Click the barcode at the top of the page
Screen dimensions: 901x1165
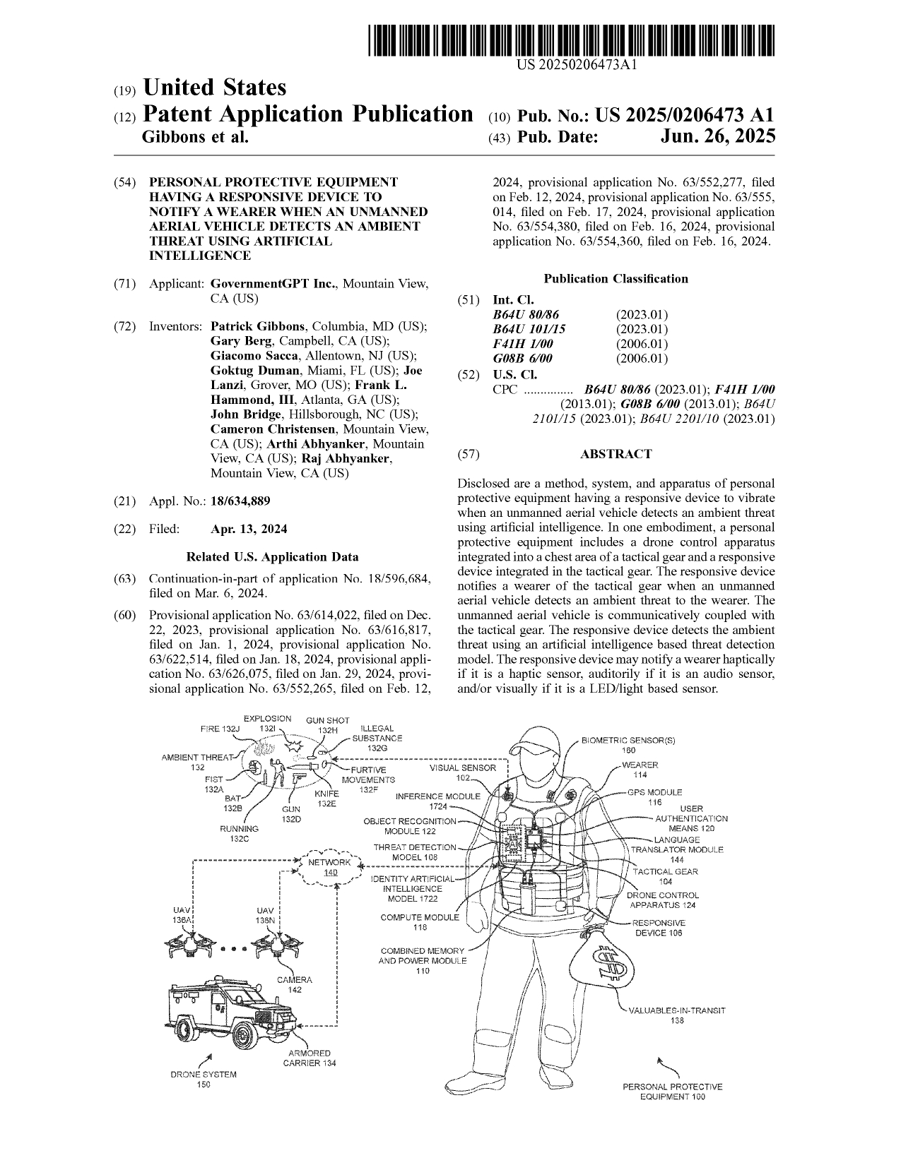click(572, 40)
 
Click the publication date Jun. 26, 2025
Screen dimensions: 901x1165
click(717, 137)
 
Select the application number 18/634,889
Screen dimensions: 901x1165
click(240, 501)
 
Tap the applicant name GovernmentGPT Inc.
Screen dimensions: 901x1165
click(273, 284)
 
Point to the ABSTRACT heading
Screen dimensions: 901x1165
click(616, 454)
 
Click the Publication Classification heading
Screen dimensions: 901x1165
click(616, 279)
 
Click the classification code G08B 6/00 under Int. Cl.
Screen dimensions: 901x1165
click(522, 359)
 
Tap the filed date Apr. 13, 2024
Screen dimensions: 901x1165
click(249, 529)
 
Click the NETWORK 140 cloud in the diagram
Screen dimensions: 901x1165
click(330, 867)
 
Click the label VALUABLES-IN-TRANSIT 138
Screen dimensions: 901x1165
click(677, 1015)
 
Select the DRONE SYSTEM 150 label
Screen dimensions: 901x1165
click(204, 1080)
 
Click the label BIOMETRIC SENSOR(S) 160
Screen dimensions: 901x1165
click(628, 745)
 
